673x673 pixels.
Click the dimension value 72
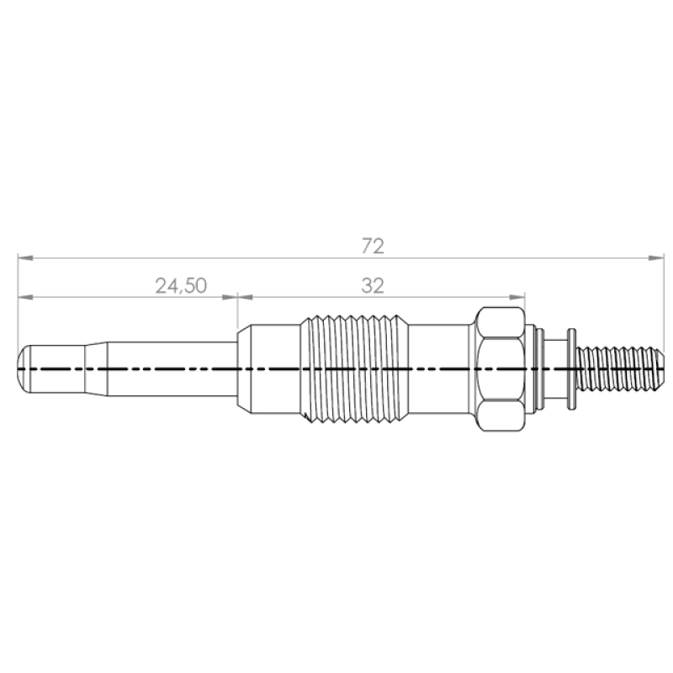[373, 246]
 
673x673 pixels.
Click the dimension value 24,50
[181, 286]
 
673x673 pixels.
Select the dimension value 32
[373, 286]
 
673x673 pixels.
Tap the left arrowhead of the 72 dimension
[25, 258]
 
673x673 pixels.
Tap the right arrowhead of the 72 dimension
[656, 258]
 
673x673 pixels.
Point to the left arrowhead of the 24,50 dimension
[26, 297]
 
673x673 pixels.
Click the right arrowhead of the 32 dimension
[517, 297]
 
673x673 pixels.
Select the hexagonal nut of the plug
[501, 368]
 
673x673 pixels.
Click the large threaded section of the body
[353, 368]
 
